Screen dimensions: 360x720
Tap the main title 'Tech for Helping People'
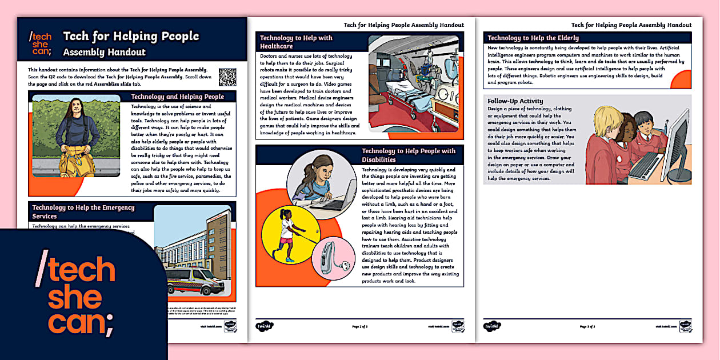pos(131,36)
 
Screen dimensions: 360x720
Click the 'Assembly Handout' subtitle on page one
pos(104,52)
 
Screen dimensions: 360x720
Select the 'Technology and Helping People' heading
pos(177,97)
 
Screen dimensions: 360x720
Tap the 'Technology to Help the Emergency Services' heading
pos(83,211)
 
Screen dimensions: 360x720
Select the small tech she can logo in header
pos(40,44)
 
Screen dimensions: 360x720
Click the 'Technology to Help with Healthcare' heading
pos(296,42)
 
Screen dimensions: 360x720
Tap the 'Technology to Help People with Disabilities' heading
pos(409,155)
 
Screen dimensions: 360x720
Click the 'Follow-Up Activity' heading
pos(515,101)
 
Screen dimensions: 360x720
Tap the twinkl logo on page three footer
pos(493,326)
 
